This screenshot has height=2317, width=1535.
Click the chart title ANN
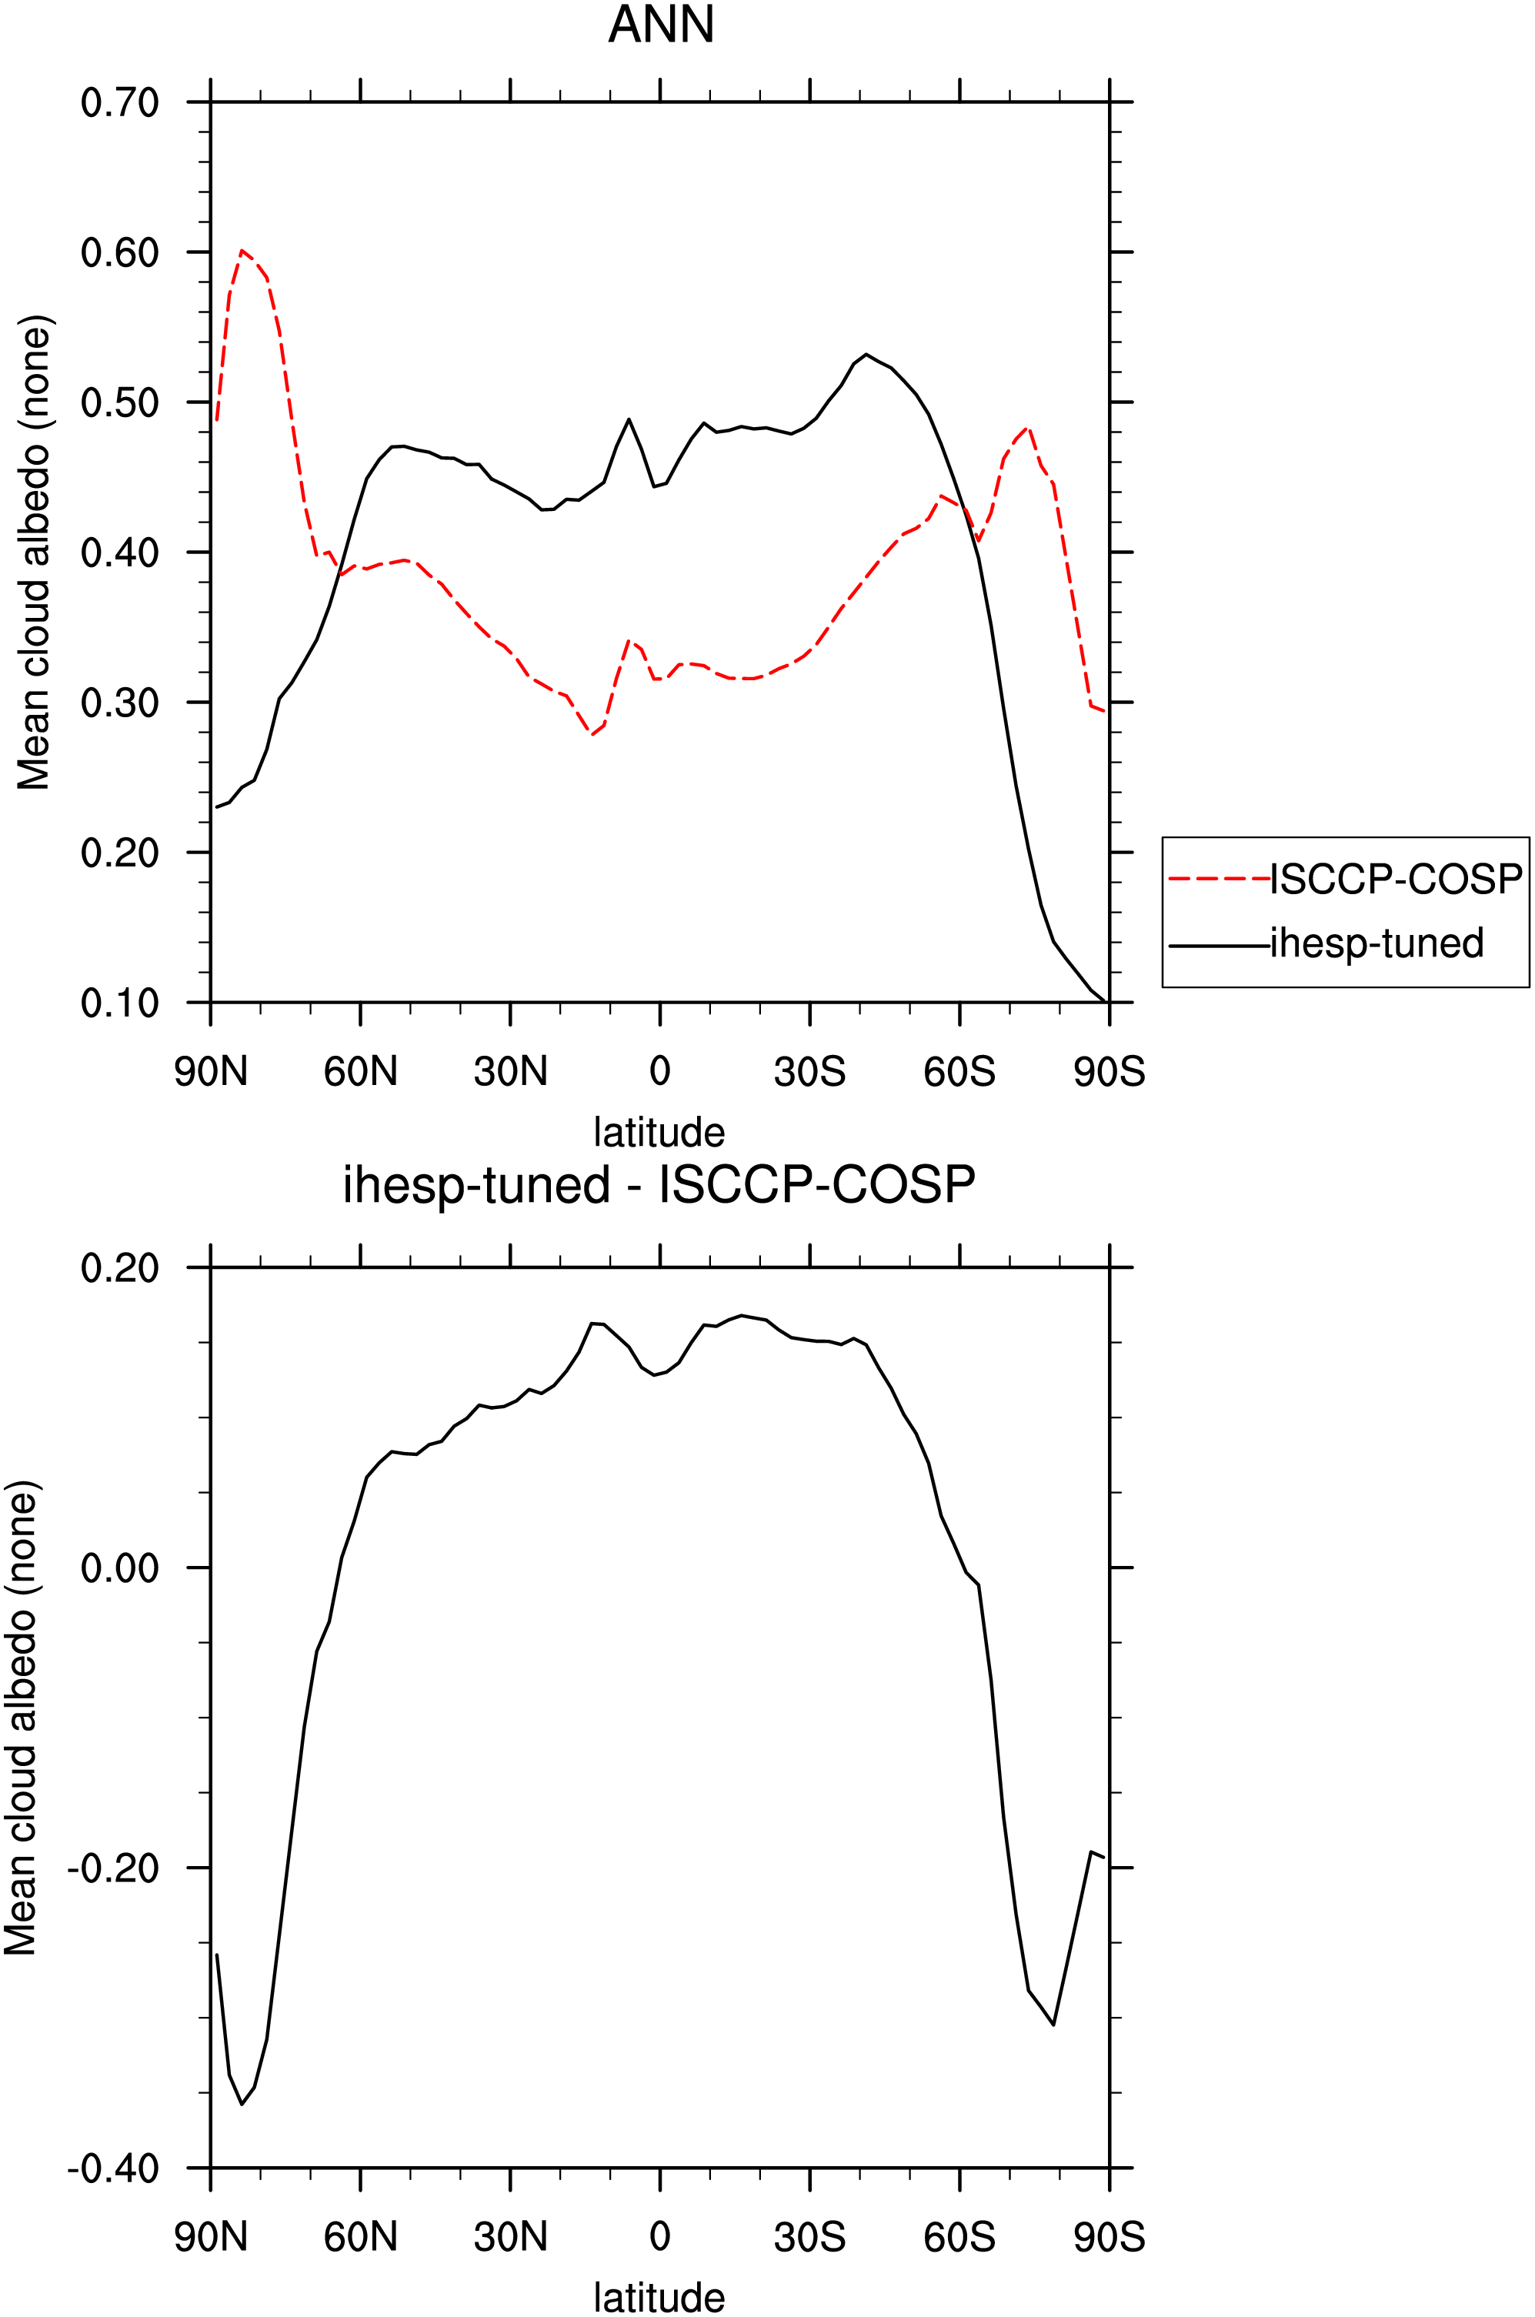coord(661,25)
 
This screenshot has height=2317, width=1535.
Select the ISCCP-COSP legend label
coord(1396,879)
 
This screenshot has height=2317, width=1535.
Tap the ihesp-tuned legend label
coord(1376,943)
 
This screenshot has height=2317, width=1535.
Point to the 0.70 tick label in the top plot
coord(119,102)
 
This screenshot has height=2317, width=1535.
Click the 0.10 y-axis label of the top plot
coord(119,1003)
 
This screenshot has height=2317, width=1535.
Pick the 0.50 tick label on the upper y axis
coord(119,402)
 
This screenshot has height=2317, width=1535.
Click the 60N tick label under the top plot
coord(360,1072)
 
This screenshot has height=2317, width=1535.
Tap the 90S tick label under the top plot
coord(1110,1072)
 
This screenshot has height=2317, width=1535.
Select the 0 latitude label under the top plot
coord(660,1072)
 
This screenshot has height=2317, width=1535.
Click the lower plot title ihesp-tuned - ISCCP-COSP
coord(659,1185)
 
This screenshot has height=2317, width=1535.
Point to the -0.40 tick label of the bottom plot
coord(112,2168)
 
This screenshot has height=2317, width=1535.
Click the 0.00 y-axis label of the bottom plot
coord(119,1568)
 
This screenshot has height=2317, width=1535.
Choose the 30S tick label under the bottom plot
coord(809,2238)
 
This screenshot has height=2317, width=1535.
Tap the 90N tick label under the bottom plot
coord(211,2238)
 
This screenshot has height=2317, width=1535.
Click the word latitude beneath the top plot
coord(659,1133)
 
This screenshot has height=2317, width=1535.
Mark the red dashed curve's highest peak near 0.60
coord(241,251)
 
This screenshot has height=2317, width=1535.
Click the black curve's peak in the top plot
coord(866,354)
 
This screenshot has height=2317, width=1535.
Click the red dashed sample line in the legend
coord(1219,879)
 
